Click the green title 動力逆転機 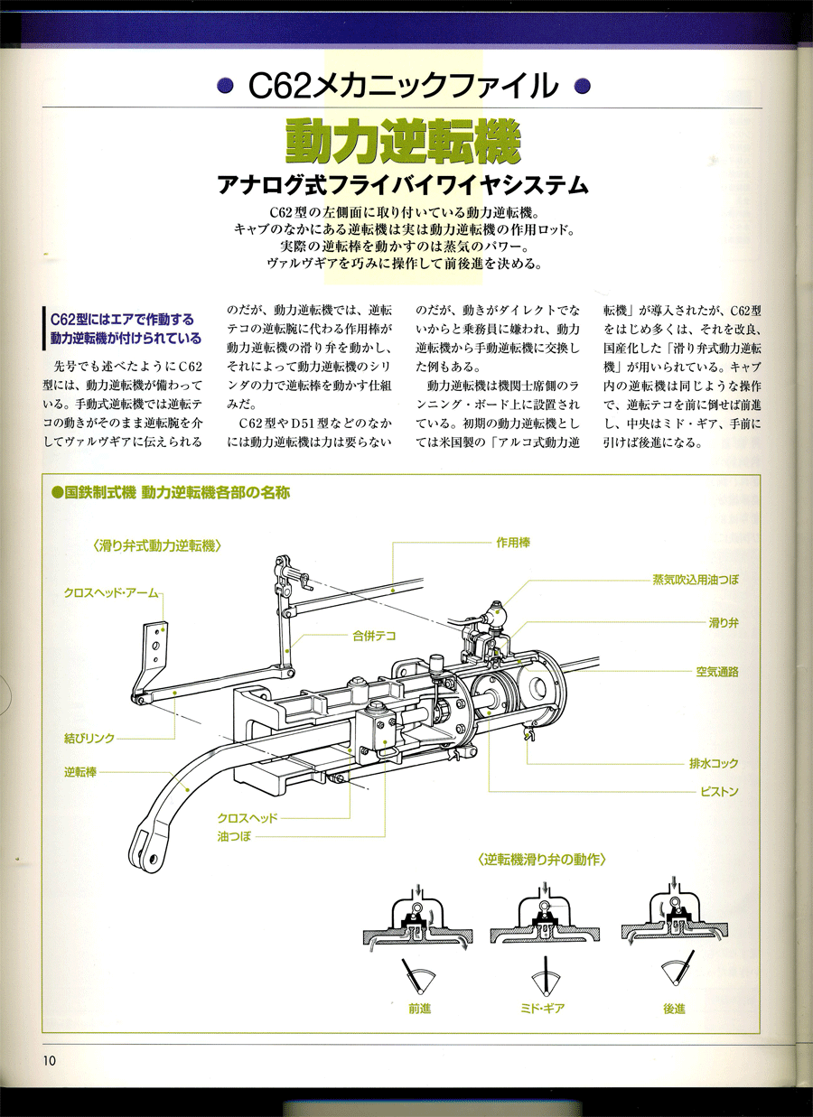(x=404, y=140)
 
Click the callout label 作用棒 (x=512, y=543)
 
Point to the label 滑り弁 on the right (x=724, y=622)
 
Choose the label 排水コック (x=714, y=764)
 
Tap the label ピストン (x=719, y=791)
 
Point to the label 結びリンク (x=89, y=738)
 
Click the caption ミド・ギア (x=543, y=1008)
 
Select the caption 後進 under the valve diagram (x=674, y=1008)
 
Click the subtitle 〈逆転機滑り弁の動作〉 (x=541, y=860)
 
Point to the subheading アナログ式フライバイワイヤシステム (x=404, y=186)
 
